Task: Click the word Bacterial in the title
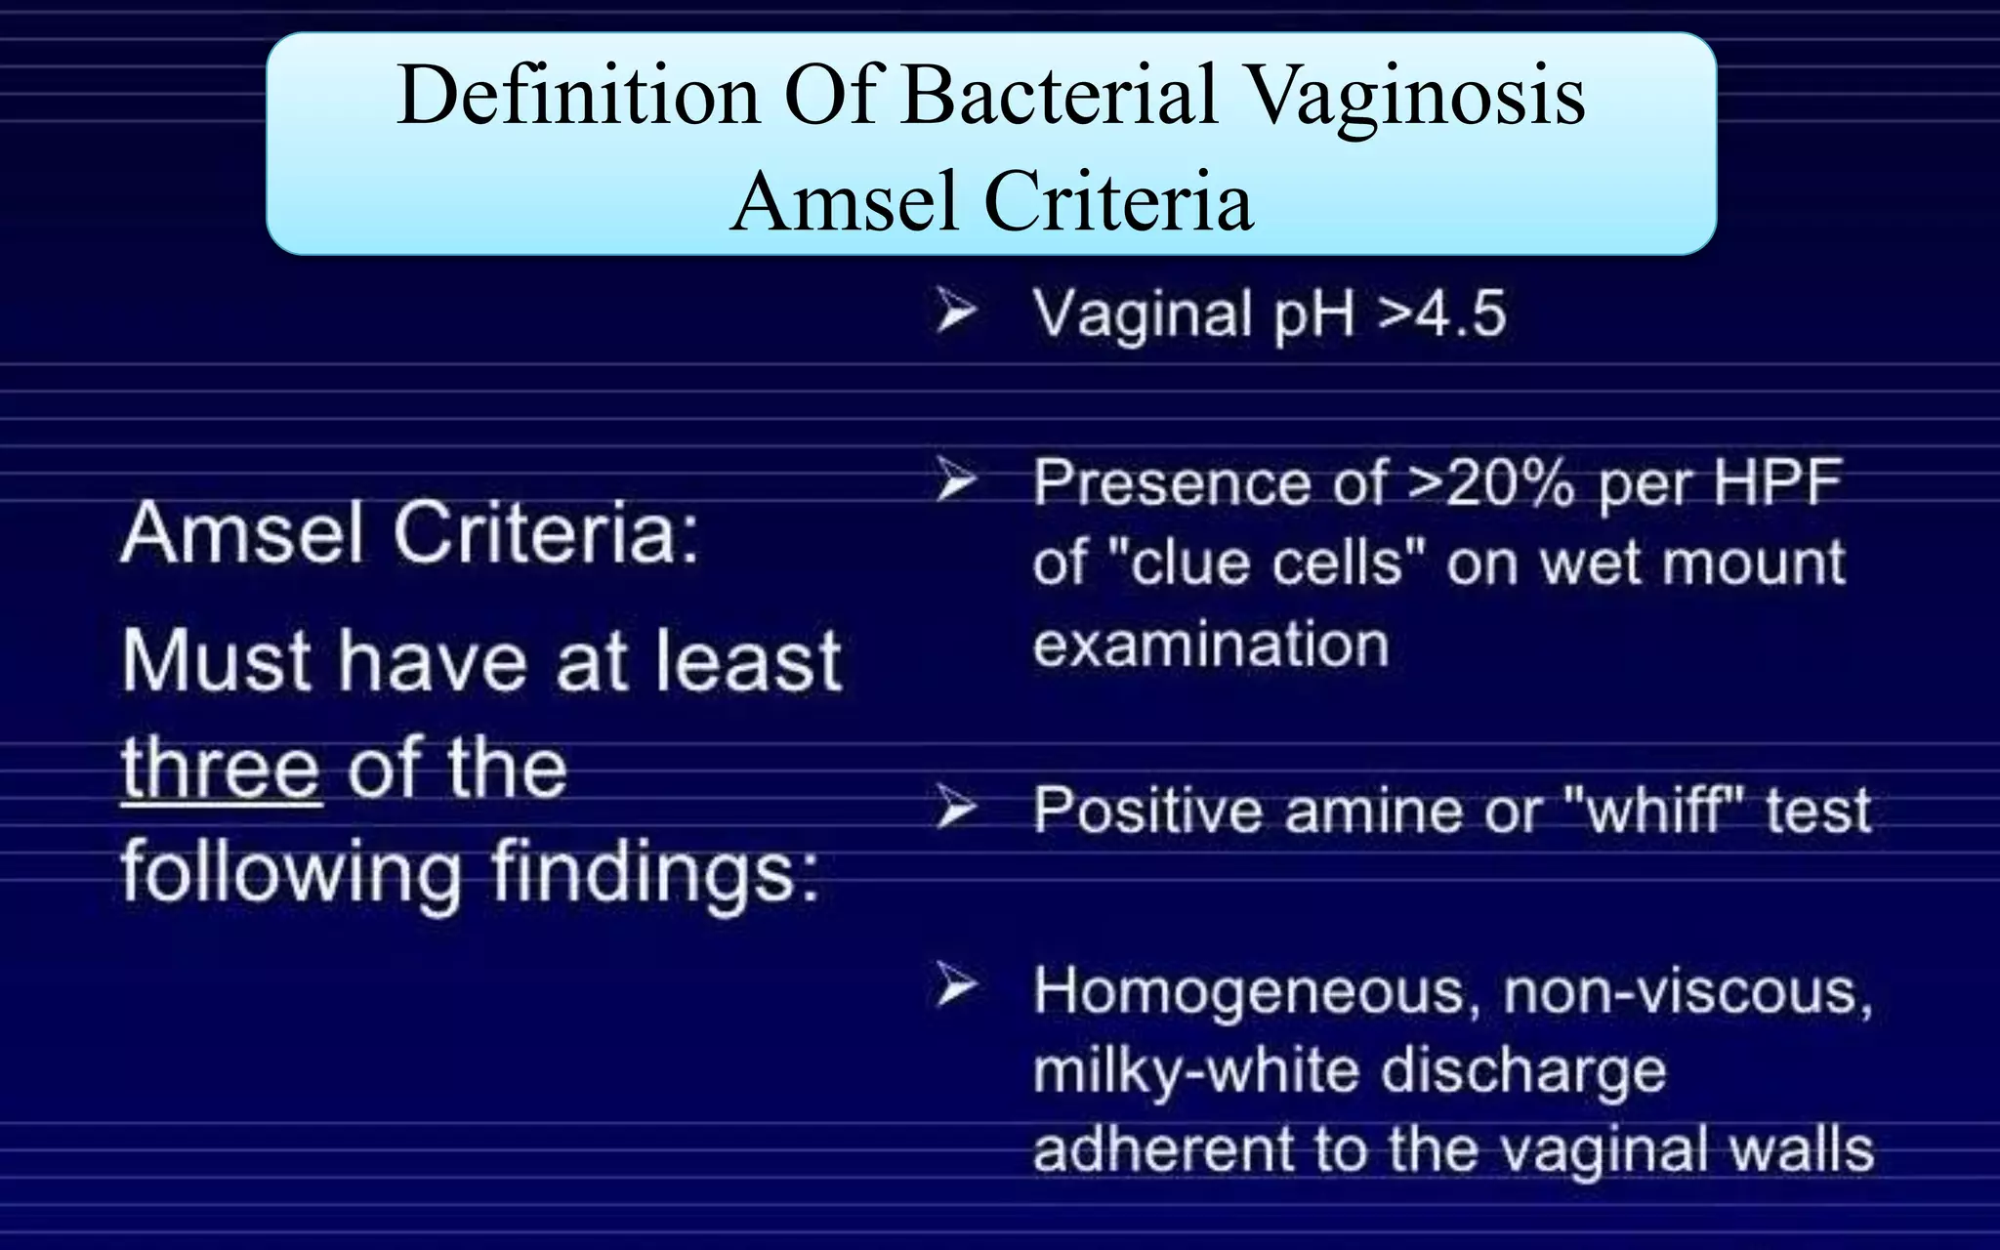(x=1060, y=96)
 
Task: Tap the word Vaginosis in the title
(x=1417, y=96)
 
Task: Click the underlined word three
(x=221, y=770)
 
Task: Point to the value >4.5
(x=1441, y=314)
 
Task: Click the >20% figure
(x=1490, y=483)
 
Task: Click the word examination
(x=1211, y=646)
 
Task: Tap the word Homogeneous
(x=1250, y=992)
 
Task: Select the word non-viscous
(x=1687, y=992)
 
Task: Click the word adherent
(x=1162, y=1150)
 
